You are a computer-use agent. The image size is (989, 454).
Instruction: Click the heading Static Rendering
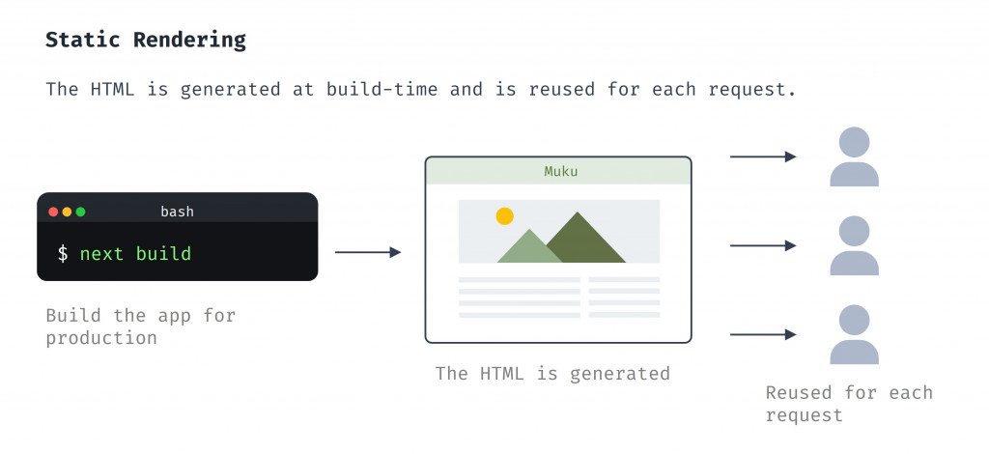[x=146, y=40]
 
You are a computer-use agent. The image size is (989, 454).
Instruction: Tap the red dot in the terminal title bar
[x=53, y=212]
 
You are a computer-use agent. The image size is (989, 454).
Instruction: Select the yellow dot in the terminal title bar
[x=67, y=212]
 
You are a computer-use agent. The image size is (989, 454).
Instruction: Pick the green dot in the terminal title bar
[x=80, y=212]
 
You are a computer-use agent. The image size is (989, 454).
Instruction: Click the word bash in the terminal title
[x=177, y=212]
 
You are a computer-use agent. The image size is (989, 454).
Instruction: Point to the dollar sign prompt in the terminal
[x=63, y=254]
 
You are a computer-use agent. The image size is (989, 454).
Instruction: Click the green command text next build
[x=135, y=254]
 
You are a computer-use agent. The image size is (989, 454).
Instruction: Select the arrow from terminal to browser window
[x=368, y=252]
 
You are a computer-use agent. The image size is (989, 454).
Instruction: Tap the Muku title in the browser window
[x=561, y=172]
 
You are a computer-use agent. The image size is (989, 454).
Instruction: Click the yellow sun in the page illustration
[x=504, y=216]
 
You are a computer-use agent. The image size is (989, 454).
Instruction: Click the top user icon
[x=854, y=158]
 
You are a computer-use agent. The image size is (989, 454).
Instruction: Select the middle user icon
[x=854, y=245]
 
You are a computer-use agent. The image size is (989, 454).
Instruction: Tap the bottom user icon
[x=854, y=334]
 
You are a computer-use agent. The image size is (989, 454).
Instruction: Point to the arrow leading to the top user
[x=763, y=156]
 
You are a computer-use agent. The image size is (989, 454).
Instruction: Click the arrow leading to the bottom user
[x=763, y=334]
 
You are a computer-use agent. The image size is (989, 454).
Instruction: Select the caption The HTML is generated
[x=552, y=373]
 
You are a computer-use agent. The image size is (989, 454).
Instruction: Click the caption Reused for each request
[x=849, y=404]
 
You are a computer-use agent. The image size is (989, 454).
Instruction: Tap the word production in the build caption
[x=101, y=338]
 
